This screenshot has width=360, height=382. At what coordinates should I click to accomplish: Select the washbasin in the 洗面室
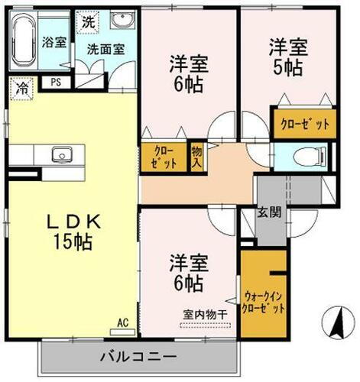pyautogui.click(x=120, y=21)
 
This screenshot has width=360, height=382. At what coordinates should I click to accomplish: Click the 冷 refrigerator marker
pyautogui.click(x=24, y=89)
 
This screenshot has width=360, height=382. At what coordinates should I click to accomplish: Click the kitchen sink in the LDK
pyautogui.click(x=61, y=156)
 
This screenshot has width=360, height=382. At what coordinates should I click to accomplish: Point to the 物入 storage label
pyautogui.click(x=196, y=157)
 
